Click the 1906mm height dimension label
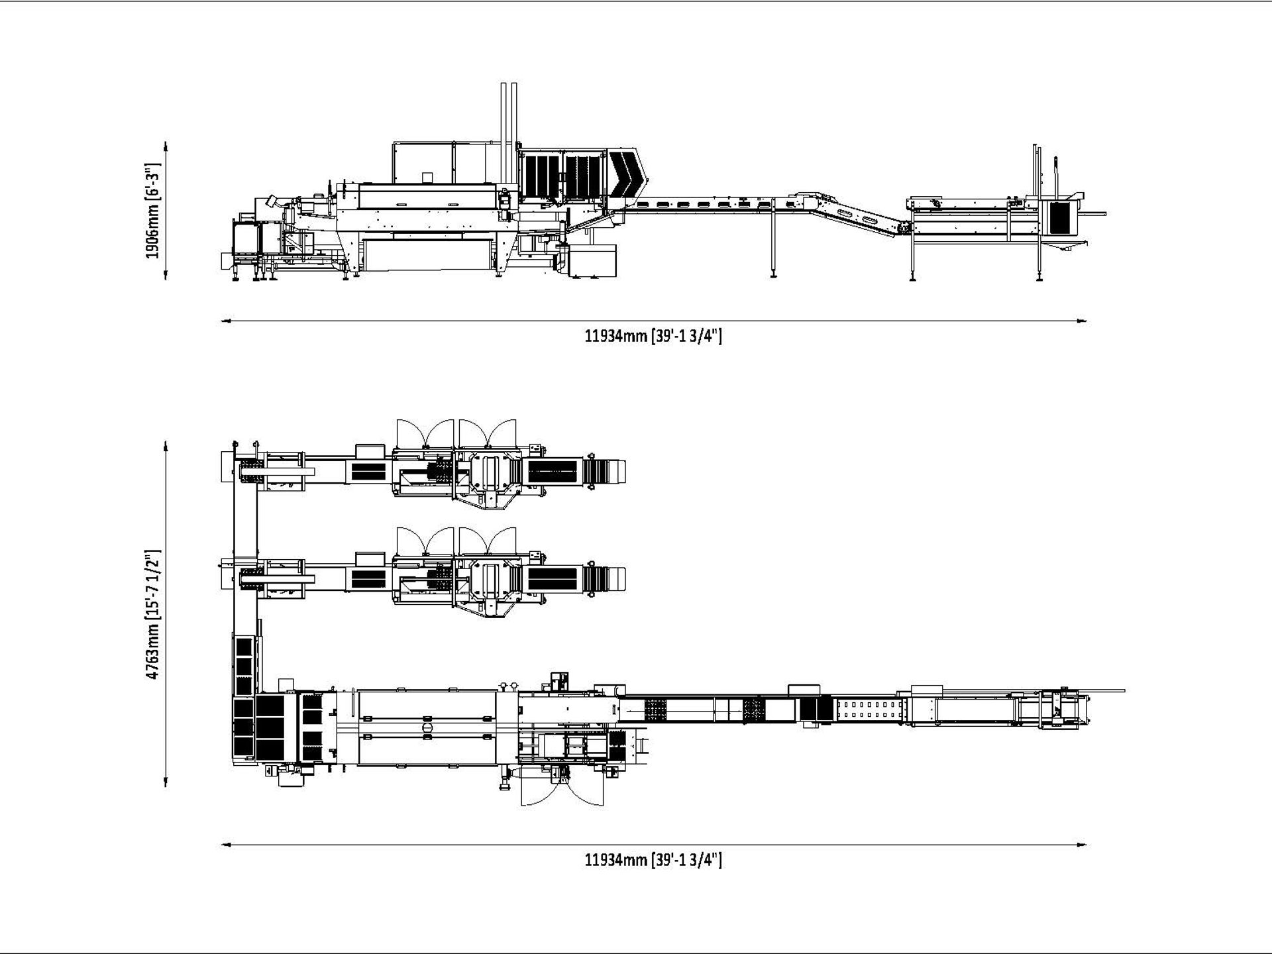tap(153, 210)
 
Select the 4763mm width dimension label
tap(153, 613)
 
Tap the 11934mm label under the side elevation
tap(653, 336)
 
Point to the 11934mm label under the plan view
tap(653, 860)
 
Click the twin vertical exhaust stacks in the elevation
tap(508, 116)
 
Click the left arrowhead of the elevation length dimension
tap(225, 321)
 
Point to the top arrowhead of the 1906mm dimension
tap(165, 144)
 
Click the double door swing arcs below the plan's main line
tap(562, 788)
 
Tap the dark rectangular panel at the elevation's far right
tap(1059, 219)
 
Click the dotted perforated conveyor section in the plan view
tap(868, 710)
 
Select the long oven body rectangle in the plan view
tap(427, 727)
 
